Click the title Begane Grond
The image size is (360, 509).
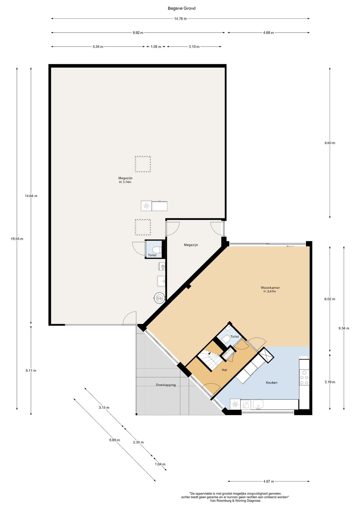click(x=182, y=8)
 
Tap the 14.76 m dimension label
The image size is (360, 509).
click(x=180, y=19)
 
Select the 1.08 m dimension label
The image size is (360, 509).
click(x=156, y=47)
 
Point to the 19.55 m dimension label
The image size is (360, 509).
click(x=17, y=239)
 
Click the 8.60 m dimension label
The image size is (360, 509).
click(x=330, y=143)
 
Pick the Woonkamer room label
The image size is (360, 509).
click(x=270, y=288)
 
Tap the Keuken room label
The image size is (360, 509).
click(x=272, y=383)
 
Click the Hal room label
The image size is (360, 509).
click(x=224, y=370)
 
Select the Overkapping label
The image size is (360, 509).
click(x=166, y=385)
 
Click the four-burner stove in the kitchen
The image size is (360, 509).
click(x=304, y=378)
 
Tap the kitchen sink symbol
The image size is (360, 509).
click(x=258, y=405)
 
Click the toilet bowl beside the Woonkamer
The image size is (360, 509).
click(x=226, y=340)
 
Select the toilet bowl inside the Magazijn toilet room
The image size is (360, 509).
click(x=157, y=249)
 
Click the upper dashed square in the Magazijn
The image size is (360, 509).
click(x=143, y=164)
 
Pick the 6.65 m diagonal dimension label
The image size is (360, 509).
click(x=115, y=440)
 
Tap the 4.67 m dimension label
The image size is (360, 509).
click(x=269, y=481)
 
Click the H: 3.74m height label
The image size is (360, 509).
click(x=125, y=182)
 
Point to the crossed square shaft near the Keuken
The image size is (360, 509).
click(x=266, y=355)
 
